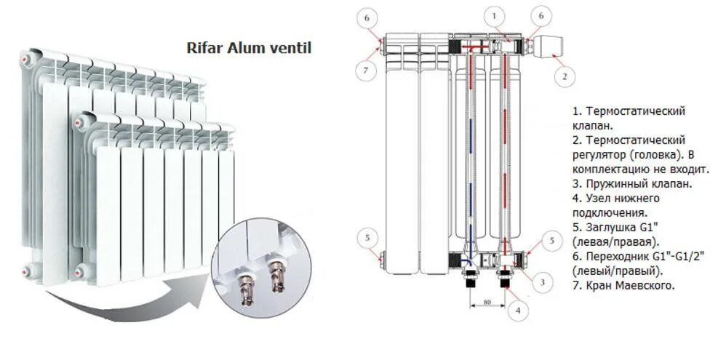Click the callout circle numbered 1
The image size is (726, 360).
(495, 17)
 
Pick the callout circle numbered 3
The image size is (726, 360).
(543, 281)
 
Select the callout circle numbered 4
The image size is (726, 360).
(518, 311)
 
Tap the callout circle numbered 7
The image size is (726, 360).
(366, 71)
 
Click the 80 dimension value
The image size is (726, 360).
(487, 303)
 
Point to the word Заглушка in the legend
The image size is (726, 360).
(607, 228)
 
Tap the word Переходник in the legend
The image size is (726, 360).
(615, 257)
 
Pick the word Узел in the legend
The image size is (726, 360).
(597, 199)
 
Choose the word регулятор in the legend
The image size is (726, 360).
(598, 155)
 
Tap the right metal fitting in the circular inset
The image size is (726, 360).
(276, 275)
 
